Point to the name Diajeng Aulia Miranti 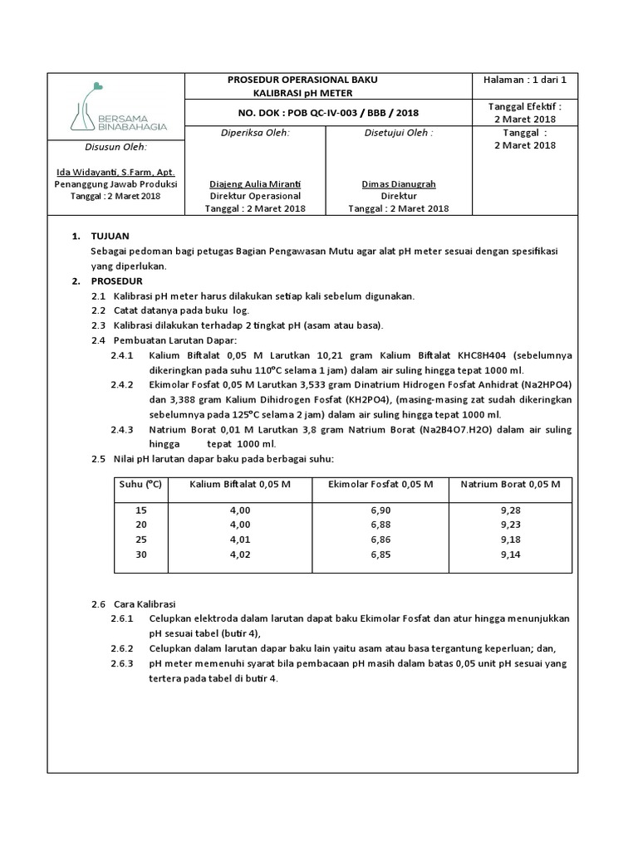coord(254,183)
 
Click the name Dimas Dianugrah coord(399,183)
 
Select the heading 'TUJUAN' coord(110,237)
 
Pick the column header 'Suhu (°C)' coord(141,484)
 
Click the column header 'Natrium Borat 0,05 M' coord(511,484)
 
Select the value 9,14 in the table coord(511,554)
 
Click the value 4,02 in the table coord(239,554)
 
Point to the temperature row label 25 coord(140,540)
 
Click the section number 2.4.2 coord(121,385)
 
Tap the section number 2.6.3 coord(121,663)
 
